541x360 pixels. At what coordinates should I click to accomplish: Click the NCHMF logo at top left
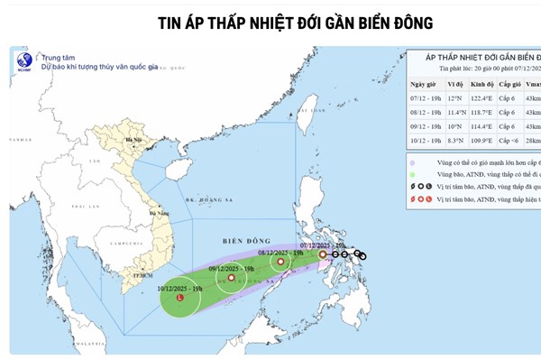[25, 64]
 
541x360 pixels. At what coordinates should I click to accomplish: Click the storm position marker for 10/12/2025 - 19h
[180, 297]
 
